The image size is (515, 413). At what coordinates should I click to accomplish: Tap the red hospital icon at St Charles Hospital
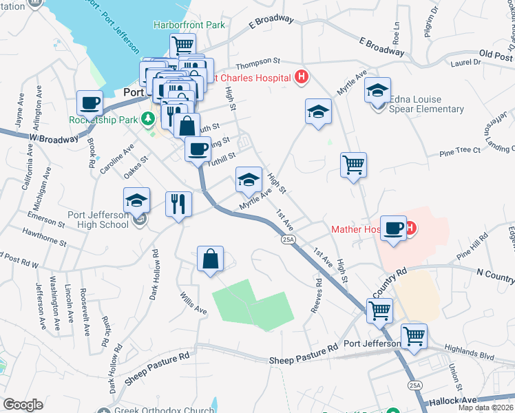[300, 78]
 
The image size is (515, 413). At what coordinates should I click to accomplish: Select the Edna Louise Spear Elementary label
[426, 104]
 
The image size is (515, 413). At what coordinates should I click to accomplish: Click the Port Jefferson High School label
[98, 219]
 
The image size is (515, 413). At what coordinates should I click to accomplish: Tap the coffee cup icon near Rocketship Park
[90, 103]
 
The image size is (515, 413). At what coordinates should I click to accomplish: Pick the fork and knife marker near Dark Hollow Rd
[178, 204]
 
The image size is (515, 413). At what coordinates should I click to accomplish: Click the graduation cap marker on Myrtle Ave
[249, 180]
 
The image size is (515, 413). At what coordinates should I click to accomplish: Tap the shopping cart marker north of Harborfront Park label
[182, 45]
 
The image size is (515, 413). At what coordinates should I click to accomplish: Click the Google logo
[23, 405]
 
